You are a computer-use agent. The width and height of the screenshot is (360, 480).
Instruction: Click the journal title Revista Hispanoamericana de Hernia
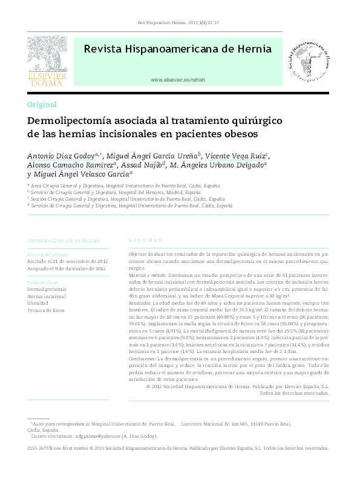177,49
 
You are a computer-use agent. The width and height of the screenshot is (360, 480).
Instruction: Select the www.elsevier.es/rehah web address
177,80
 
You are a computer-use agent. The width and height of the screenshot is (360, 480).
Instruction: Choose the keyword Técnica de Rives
47,311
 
